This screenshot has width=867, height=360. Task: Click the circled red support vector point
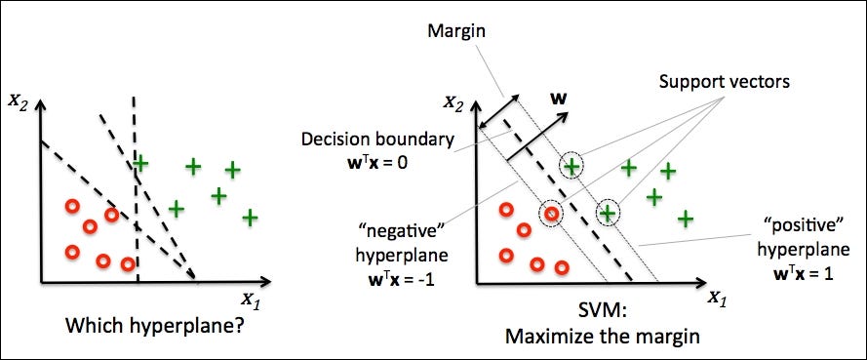[x=552, y=214]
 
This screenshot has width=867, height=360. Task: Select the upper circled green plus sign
[x=571, y=167]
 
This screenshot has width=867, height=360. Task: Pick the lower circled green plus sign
[x=608, y=211]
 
